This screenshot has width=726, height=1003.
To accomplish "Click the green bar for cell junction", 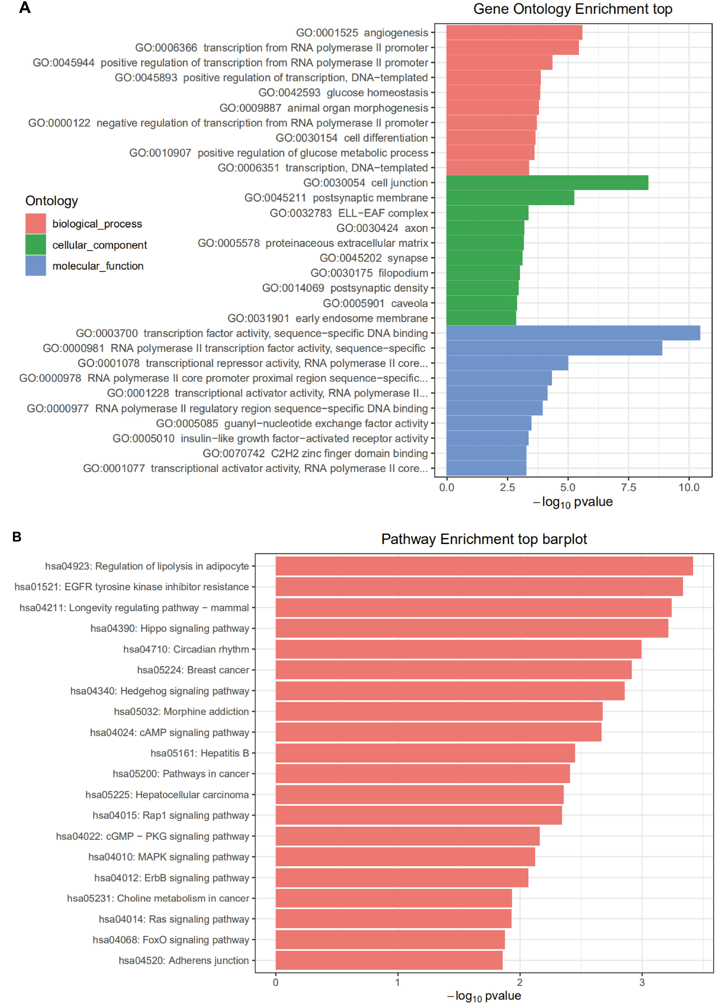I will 547,183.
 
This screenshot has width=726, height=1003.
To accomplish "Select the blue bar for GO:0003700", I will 573,333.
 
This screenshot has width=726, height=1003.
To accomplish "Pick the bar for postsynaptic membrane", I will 510,198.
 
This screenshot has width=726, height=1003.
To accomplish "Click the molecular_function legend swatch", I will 36,266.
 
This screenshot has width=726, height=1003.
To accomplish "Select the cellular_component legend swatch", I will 36,244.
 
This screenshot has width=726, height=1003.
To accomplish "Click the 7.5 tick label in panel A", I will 628,488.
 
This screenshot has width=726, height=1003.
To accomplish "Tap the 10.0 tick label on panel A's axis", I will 689,488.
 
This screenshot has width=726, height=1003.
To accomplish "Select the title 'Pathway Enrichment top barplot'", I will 484,539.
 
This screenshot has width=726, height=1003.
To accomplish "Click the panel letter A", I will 25,8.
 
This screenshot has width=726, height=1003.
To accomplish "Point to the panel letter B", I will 17,537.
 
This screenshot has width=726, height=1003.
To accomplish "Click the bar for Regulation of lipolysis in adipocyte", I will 484,566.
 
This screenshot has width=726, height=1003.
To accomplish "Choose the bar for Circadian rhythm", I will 458,649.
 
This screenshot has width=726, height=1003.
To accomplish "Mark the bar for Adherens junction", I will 389,960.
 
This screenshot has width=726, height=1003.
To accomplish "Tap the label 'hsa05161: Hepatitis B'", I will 200,753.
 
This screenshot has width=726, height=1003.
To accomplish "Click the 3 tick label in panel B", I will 642,983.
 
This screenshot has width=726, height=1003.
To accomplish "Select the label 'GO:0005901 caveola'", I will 375,303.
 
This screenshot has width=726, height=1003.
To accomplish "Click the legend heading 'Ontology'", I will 52,201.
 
